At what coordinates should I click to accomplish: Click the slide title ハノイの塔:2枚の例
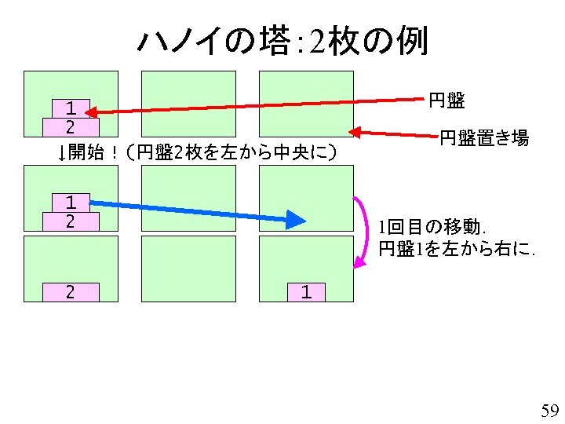click(x=282, y=39)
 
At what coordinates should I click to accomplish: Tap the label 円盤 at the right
click(x=447, y=101)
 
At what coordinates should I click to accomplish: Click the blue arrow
click(x=196, y=209)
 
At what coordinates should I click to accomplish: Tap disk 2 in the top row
click(x=71, y=126)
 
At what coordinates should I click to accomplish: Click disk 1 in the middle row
click(x=71, y=203)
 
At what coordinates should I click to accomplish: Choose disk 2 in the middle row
click(x=71, y=221)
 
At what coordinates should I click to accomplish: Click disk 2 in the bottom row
click(x=71, y=292)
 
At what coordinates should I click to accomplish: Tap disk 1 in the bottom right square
click(x=306, y=292)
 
